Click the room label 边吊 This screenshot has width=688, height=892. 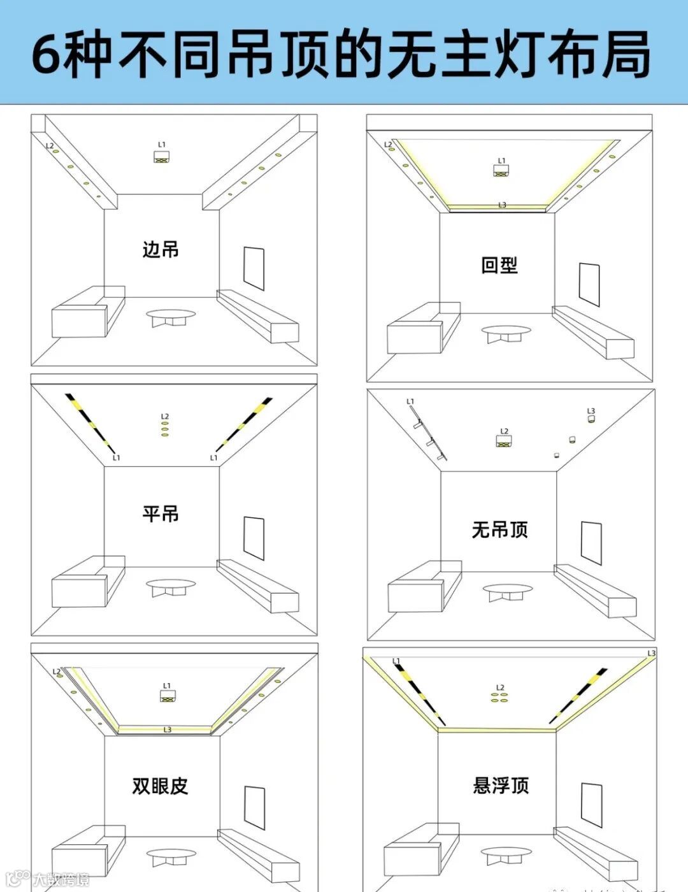click(x=161, y=249)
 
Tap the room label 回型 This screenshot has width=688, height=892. click(x=499, y=265)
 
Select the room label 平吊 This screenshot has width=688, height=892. click(x=161, y=514)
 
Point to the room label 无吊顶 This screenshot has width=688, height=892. click(x=500, y=529)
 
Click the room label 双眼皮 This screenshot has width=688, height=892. click(x=161, y=786)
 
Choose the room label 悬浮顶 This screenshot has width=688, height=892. click(x=501, y=785)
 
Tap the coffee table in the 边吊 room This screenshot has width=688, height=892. click(x=171, y=317)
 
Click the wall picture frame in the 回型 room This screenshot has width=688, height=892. click(x=589, y=284)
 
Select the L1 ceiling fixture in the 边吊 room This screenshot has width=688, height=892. click(x=161, y=157)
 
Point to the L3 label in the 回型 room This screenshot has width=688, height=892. click(x=502, y=205)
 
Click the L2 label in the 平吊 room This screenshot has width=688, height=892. click(x=165, y=417)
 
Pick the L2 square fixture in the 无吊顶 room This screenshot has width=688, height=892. click(x=505, y=440)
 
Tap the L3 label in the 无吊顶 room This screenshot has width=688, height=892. click(x=591, y=411)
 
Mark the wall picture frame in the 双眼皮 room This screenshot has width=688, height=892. click(x=255, y=808)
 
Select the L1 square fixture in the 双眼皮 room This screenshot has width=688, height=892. click(x=167, y=696)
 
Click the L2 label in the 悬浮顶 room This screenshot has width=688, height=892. click(x=500, y=687)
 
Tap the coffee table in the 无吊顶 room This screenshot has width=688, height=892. click(x=506, y=591)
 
